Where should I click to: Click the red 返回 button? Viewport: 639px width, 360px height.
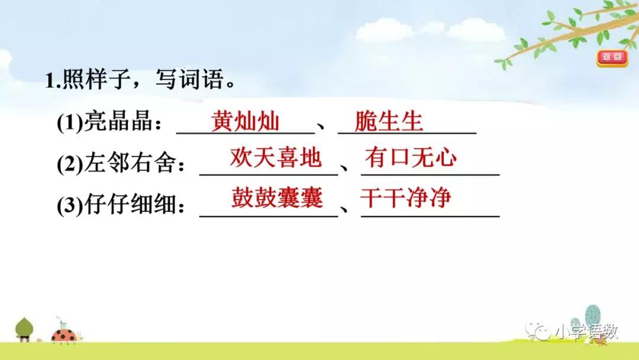coord(611,57)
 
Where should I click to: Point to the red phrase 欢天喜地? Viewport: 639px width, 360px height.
coord(276,159)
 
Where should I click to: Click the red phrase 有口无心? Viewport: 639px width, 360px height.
coord(411,159)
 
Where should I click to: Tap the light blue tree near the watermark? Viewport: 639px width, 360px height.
coord(592,317)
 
